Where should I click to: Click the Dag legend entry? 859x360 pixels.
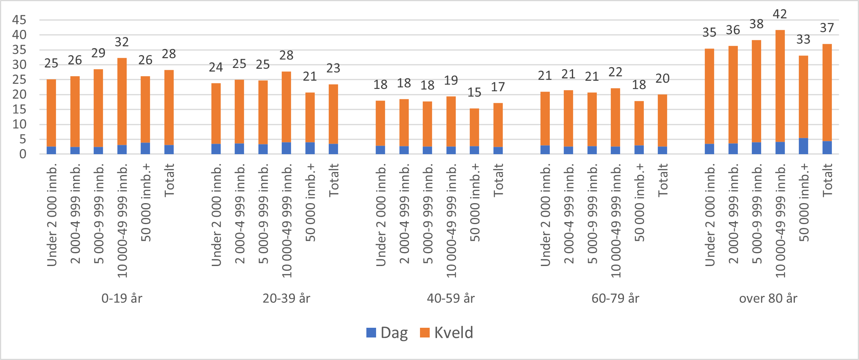pyautogui.click(x=387, y=333)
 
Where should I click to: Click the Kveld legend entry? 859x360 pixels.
pyautogui.click(x=447, y=333)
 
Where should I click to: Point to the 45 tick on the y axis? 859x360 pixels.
pyautogui.click(x=19, y=20)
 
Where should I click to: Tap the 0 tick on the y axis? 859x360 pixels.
pyautogui.click(x=23, y=154)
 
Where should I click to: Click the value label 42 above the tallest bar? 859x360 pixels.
pyautogui.click(x=779, y=14)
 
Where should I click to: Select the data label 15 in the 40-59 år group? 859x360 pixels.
pyautogui.click(x=474, y=92)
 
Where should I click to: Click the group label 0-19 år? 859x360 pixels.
pyautogui.click(x=122, y=298)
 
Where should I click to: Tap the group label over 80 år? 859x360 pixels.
pyautogui.click(x=768, y=298)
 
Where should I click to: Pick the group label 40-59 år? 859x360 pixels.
pyautogui.click(x=451, y=298)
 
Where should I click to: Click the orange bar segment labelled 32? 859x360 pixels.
pyautogui.click(x=122, y=101)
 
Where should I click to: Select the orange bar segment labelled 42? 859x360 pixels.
pyautogui.click(x=780, y=85)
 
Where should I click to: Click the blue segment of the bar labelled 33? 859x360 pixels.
pyautogui.click(x=803, y=146)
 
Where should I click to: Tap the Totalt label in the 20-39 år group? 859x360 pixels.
pyautogui.click(x=333, y=180)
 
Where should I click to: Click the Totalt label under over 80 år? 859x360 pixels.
pyautogui.click(x=827, y=180)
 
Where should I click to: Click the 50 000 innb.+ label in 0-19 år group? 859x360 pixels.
pyautogui.click(x=145, y=202)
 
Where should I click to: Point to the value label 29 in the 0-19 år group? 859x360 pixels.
pyautogui.click(x=98, y=53)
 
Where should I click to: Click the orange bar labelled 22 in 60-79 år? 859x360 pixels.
pyautogui.click(x=615, y=117)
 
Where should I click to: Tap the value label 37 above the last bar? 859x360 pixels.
pyautogui.click(x=827, y=28)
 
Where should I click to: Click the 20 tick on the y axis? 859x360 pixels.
pyautogui.click(x=19, y=94)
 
